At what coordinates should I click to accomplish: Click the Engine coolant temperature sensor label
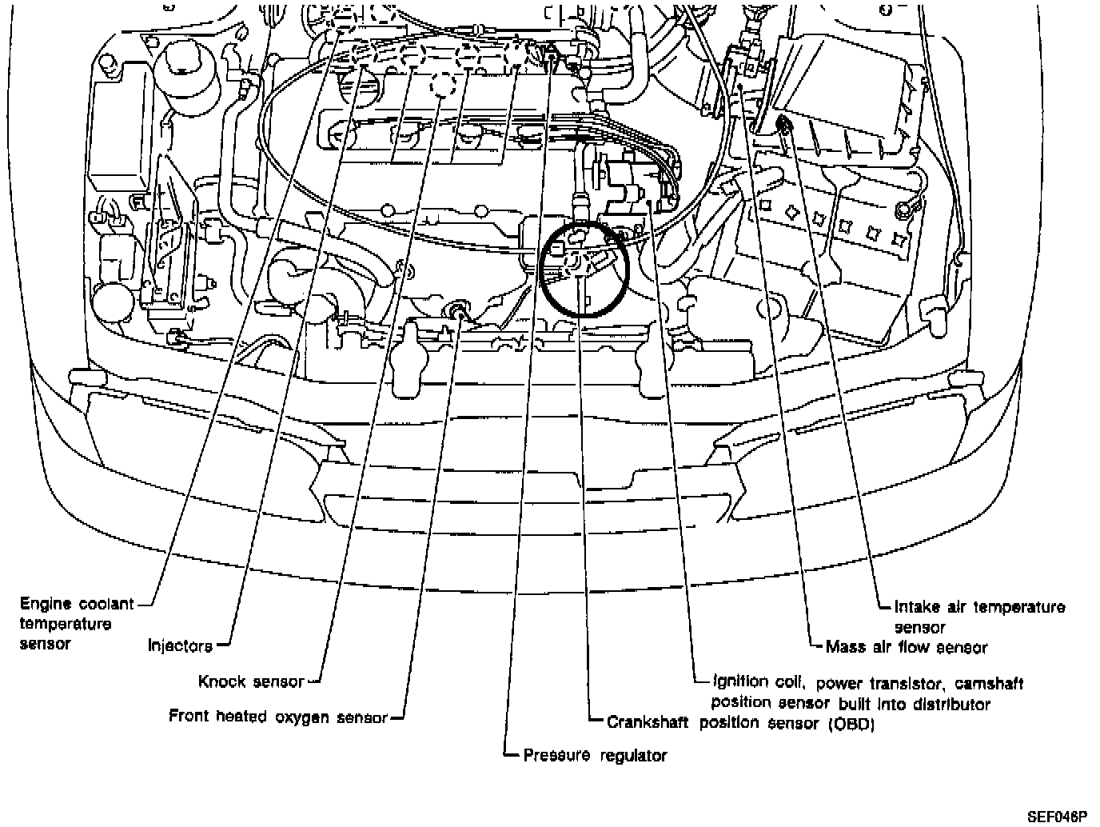tap(77, 622)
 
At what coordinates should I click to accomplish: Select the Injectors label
tap(180, 645)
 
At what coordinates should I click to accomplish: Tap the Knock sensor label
tap(251, 681)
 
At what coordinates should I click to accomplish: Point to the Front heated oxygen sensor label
tap(277, 717)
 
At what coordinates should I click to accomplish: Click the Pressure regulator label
tap(594, 755)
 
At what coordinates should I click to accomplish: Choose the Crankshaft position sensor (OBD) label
tap(740, 723)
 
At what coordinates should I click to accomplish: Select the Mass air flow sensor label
tap(906, 647)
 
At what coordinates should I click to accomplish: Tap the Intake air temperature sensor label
tap(979, 617)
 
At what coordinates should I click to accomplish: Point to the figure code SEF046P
tap(1058, 817)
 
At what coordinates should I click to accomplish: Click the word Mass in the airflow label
tap(842, 647)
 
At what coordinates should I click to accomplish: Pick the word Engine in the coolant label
tap(46, 604)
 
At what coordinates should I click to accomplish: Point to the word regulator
tap(632, 755)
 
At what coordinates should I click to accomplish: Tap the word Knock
tap(221, 681)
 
